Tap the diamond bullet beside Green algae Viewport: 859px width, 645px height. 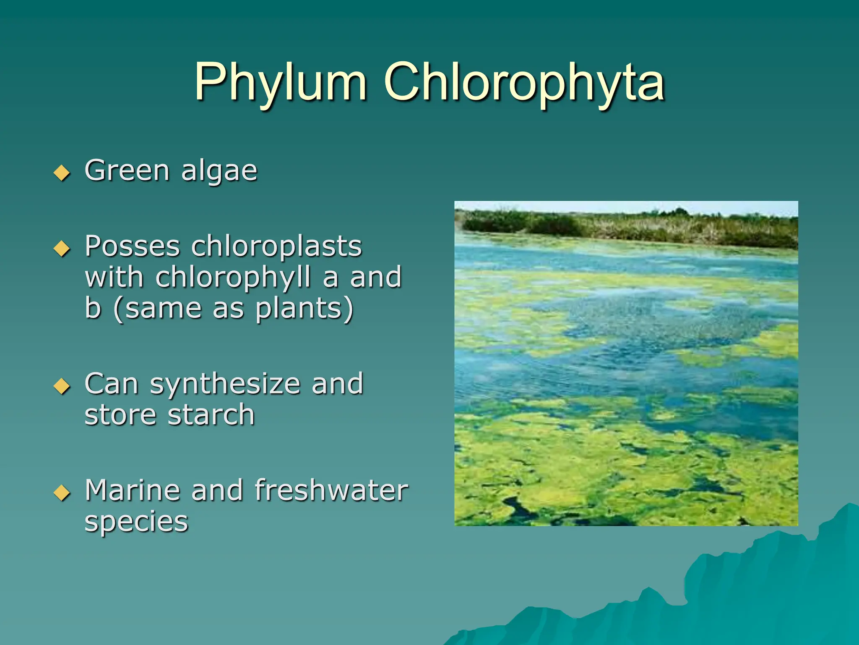[x=62, y=173]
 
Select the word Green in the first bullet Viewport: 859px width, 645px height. [x=127, y=171]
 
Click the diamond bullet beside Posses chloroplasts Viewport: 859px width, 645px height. [x=62, y=248]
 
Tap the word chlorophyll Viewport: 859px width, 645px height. [x=233, y=278]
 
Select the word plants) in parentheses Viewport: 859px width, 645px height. [x=305, y=309]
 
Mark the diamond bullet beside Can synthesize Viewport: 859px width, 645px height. [x=62, y=386]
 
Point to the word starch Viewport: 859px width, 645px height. [x=211, y=415]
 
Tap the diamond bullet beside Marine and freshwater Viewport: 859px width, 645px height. [x=62, y=493]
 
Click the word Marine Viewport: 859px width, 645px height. [x=132, y=490]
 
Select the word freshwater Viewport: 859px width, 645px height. [x=331, y=490]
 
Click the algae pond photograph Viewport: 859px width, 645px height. [x=626, y=363]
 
